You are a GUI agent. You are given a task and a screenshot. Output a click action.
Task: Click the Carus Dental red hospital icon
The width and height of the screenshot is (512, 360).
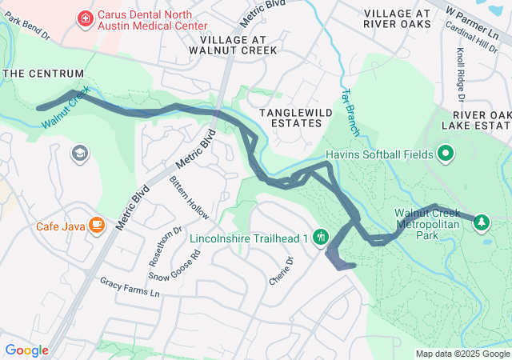(x=84, y=18)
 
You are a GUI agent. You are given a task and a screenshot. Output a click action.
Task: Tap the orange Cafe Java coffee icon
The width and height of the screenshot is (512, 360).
(x=97, y=226)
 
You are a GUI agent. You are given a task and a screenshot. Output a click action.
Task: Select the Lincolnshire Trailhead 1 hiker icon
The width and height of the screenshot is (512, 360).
(x=320, y=236)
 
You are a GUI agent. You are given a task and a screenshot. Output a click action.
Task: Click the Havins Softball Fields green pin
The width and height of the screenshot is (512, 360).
(x=446, y=154)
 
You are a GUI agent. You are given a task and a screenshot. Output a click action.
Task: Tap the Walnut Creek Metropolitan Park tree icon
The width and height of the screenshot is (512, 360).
(x=482, y=222)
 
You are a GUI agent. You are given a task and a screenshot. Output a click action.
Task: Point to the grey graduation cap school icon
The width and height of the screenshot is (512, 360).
(x=80, y=152)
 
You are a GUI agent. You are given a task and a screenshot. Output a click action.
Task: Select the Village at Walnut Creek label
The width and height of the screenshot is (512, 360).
(x=238, y=45)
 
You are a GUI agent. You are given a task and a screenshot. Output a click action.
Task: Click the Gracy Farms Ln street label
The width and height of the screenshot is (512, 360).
(x=130, y=287)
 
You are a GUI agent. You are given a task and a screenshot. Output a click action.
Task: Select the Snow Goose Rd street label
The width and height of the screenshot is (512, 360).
(x=174, y=266)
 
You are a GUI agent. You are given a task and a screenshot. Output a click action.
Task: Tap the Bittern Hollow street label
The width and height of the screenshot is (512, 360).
(x=189, y=198)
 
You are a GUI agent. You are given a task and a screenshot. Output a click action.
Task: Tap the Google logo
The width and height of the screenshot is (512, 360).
(x=26, y=350)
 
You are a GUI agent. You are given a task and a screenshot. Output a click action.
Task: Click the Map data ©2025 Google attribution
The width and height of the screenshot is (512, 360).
(x=462, y=354)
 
